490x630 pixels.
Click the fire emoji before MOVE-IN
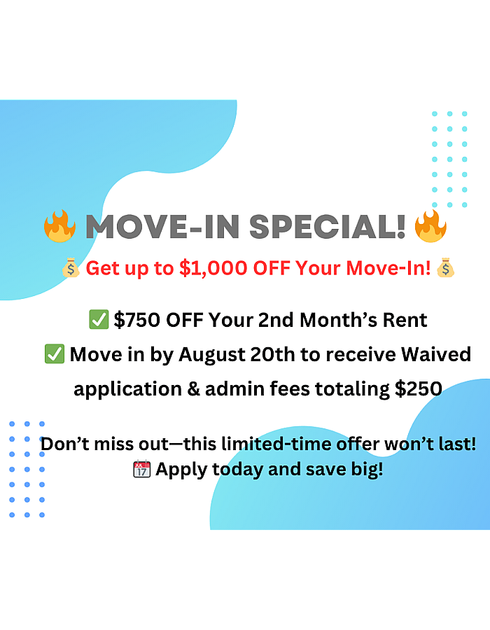tap(59, 226)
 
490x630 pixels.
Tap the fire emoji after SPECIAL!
tap(430, 226)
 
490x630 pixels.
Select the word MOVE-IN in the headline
tap(162, 227)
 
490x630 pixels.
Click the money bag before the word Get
tap(71, 268)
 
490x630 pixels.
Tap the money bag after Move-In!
tap(446, 268)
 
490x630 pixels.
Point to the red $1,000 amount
tap(213, 268)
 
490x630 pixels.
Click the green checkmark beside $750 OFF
tap(99, 320)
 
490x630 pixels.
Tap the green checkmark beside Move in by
tap(55, 354)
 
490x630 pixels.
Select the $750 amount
tap(137, 320)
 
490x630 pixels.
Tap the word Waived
tap(436, 355)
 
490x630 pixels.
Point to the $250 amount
tap(419, 389)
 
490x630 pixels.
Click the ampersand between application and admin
tap(194, 389)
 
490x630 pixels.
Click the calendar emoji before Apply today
tap(142, 469)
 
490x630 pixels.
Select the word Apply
tap(181, 470)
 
